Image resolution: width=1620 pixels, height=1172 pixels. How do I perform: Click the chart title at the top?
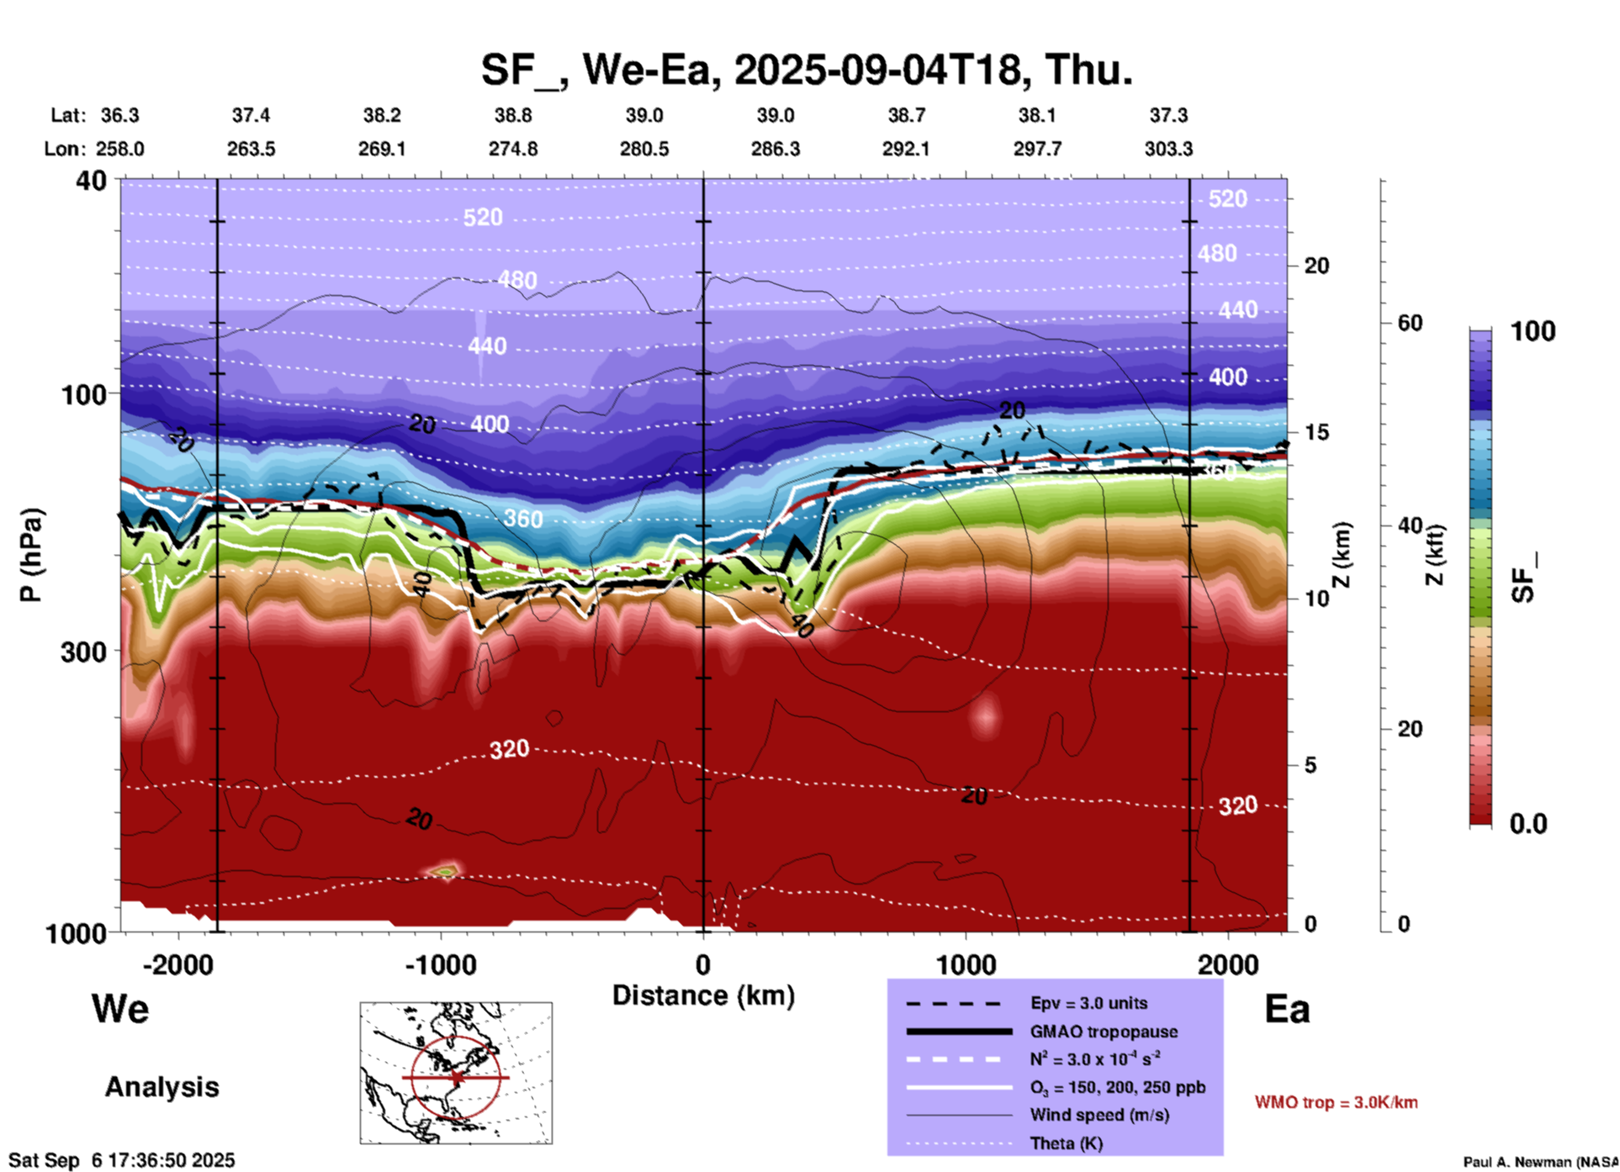[x=807, y=70]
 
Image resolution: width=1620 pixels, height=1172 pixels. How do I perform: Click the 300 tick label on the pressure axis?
[x=83, y=652]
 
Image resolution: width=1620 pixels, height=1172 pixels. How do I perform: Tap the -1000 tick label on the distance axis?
[x=441, y=965]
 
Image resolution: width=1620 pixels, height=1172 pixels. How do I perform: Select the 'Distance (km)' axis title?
[x=703, y=995]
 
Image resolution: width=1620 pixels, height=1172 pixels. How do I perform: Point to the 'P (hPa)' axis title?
[x=31, y=555]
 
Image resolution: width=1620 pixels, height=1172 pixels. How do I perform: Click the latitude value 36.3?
[x=119, y=115]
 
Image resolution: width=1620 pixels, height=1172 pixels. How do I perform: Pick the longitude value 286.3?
[x=775, y=149]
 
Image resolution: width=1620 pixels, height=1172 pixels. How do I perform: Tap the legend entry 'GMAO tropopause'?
[x=1104, y=1032]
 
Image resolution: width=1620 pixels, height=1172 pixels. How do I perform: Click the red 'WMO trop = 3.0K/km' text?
[x=1336, y=1102]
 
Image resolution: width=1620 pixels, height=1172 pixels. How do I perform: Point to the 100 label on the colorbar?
[x=1533, y=331]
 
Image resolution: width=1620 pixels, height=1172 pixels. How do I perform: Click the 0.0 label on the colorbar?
[x=1528, y=824]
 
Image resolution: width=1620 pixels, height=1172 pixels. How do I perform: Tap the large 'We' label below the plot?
[x=120, y=1009]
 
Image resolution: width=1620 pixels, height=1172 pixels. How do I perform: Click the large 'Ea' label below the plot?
[x=1287, y=1009]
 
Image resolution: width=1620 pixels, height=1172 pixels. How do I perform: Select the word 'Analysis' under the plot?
[x=161, y=1087]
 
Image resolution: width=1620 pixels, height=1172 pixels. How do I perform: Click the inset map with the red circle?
[x=456, y=1073]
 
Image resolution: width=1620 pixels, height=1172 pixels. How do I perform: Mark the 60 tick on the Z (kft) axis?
[x=1410, y=323]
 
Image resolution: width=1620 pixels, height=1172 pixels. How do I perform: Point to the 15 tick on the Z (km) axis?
[x=1316, y=432]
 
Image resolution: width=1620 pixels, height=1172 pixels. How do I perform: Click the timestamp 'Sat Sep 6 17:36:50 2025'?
[x=122, y=1160]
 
